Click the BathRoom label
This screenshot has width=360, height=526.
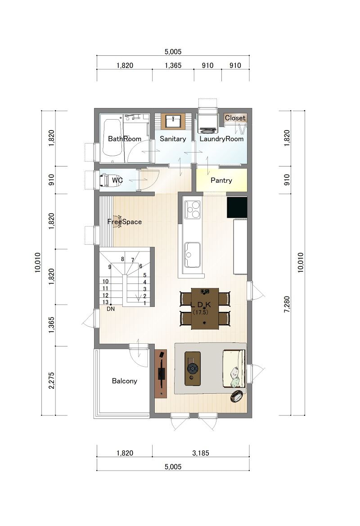(x=125, y=139)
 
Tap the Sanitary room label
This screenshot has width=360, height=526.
(x=173, y=139)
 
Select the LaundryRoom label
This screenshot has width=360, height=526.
(x=221, y=139)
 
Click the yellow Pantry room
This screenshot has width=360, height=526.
(x=221, y=180)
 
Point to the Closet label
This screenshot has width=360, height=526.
(x=235, y=118)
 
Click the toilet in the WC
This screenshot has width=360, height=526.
(x=105, y=180)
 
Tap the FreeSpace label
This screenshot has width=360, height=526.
(x=125, y=222)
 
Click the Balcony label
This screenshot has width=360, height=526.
(x=125, y=381)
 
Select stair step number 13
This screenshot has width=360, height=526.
(x=105, y=302)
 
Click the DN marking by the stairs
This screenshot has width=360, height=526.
(x=111, y=309)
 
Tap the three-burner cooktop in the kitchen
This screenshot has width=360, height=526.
(x=192, y=210)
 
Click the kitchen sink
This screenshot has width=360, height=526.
(x=192, y=255)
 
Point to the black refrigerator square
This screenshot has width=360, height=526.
(x=237, y=207)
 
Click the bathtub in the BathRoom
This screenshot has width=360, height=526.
(x=112, y=138)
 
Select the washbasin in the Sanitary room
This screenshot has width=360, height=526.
(x=173, y=121)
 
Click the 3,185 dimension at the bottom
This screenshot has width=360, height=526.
(x=201, y=453)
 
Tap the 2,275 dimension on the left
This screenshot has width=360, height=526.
(x=52, y=381)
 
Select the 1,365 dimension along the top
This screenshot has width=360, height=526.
(x=173, y=65)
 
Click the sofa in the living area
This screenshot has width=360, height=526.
(x=234, y=369)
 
